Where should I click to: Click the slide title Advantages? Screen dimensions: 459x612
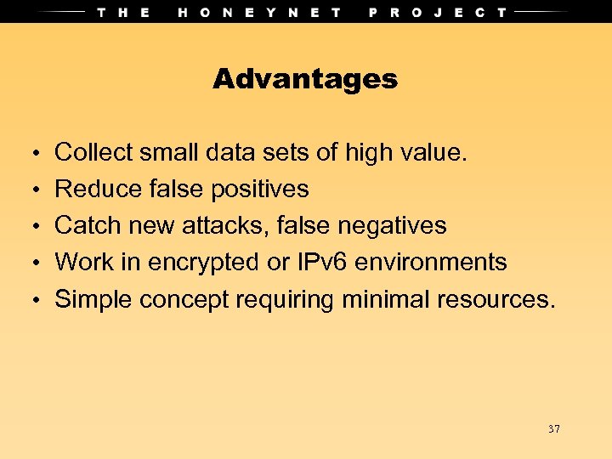coord(305,79)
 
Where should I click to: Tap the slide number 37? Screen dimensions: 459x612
coord(554,429)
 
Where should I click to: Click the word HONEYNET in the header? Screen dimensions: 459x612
coord(260,12)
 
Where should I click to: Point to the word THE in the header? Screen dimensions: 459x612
coord(124,12)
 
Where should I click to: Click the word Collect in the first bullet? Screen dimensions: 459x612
coord(93,153)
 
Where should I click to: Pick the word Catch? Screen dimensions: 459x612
coord(88,225)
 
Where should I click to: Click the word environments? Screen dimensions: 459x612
coord(431,262)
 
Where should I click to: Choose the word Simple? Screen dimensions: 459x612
coord(93,299)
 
